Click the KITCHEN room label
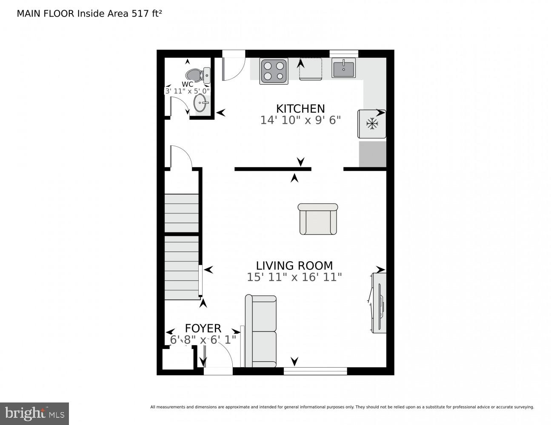tap(300, 108)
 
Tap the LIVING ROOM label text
tap(294, 266)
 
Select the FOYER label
tap(203, 328)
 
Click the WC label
tap(187, 84)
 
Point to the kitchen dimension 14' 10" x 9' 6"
tap(300, 120)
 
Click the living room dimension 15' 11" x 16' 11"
tap(294, 278)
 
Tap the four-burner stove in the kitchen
tap(274, 71)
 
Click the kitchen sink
tap(344, 68)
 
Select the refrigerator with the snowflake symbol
tap(372, 124)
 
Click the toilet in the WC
tap(198, 75)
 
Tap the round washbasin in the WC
tap(201, 102)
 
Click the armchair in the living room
tap(318, 219)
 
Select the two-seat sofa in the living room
tap(260, 331)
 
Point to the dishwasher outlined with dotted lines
tap(311, 69)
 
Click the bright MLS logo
tap(34, 414)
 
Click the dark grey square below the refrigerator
tap(372, 154)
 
